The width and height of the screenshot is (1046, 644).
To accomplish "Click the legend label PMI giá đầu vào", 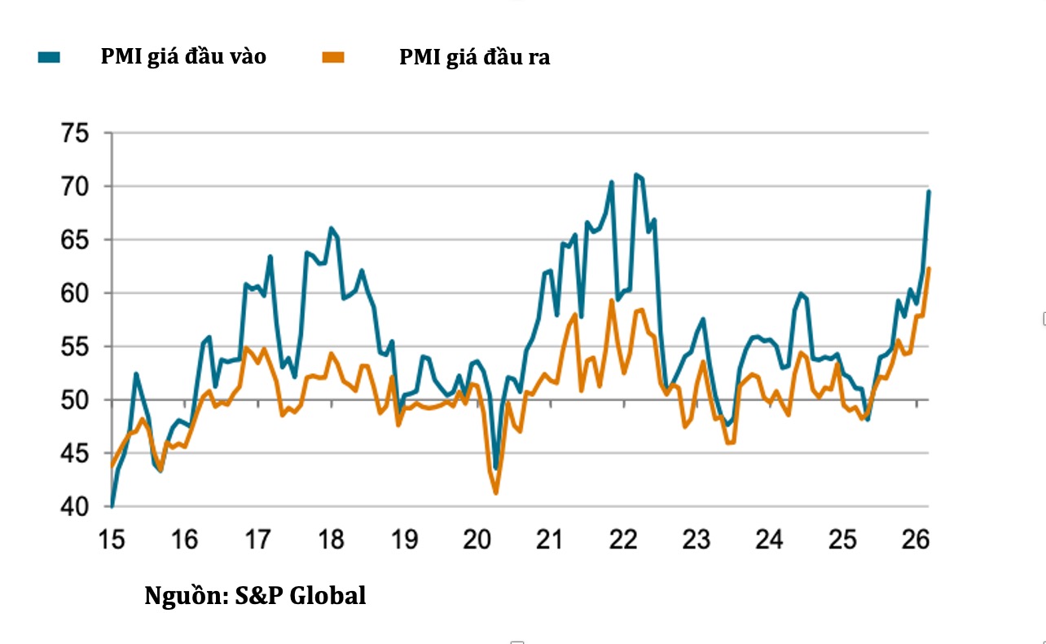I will tap(182, 57).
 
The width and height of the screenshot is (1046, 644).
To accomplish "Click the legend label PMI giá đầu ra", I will tap(474, 57).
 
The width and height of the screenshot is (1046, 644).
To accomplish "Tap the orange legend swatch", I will tap(334, 57).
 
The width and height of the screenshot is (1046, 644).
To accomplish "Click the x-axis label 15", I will tap(112, 540).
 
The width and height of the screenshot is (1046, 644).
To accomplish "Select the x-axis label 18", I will tap(331, 540).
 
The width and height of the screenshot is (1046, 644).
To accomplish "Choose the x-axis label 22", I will tap(623, 540).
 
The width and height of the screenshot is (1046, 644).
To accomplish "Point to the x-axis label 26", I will tap(916, 540).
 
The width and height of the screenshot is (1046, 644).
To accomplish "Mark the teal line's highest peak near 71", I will tap(635, 174).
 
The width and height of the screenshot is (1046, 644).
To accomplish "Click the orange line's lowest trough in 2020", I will tap(495, 492).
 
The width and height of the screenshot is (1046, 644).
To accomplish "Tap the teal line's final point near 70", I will tap(929, 192).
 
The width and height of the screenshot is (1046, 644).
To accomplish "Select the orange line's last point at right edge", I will tap(929, 269).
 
